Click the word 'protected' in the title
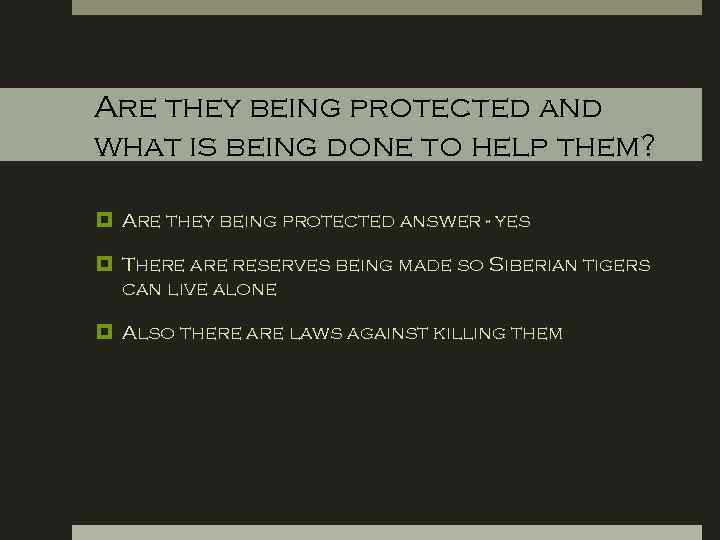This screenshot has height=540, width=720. pyautogui.click(x=433, y=108)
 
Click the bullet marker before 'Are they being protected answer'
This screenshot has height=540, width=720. pyautogui.click(x=103, y=220)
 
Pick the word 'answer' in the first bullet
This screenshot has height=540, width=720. pyautogui.click(x=441, y=221)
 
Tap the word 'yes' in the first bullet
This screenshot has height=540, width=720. pyautogui.click(x=512, y=221)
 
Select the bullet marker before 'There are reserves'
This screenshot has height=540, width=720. pyautogui.click(x=103, y=265)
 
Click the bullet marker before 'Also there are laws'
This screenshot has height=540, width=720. pyautogui.click(x=103, y=333)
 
